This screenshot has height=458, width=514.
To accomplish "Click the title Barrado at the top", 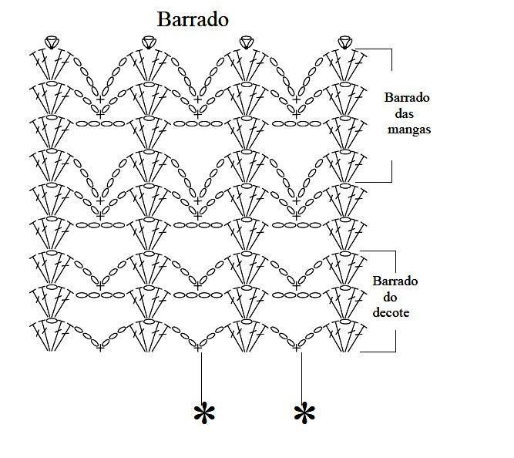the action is [x=193, y=19].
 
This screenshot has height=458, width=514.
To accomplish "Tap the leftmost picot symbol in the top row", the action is [x=52, y=42].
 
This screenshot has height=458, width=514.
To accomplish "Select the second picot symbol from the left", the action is [x=149, y=42].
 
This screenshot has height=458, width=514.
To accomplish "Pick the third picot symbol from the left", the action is [x=247, y=42].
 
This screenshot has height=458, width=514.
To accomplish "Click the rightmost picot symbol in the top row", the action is [x=345, y=42].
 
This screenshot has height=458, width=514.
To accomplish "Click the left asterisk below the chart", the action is [x=204, y=413].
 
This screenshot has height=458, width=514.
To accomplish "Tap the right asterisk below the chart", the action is [x=304, y=413].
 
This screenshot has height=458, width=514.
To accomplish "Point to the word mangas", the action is [x=409, y=130].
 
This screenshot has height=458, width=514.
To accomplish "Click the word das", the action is [x=404, y=113].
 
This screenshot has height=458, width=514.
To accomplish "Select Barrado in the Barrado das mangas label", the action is [x=407, y=97].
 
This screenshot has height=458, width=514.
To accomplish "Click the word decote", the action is [x=391, y=312].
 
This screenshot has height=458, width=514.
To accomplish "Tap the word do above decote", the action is [x=390, y=298].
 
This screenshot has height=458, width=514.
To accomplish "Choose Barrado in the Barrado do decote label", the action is [x=395, y=281].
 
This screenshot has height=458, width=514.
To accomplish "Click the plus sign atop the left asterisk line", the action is [x=198, y=347].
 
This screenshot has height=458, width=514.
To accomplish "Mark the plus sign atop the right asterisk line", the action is [x=297, y=347].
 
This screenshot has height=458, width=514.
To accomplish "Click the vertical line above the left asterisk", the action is [x=201, y=376].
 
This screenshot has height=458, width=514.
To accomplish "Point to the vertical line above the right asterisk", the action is [x=301, y=376].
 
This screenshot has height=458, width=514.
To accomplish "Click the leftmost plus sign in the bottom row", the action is [x=100, y=347].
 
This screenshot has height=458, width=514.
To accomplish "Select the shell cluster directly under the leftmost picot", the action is [x=51, y=65].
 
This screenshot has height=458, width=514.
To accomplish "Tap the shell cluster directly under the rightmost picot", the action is [x=345, y=65].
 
